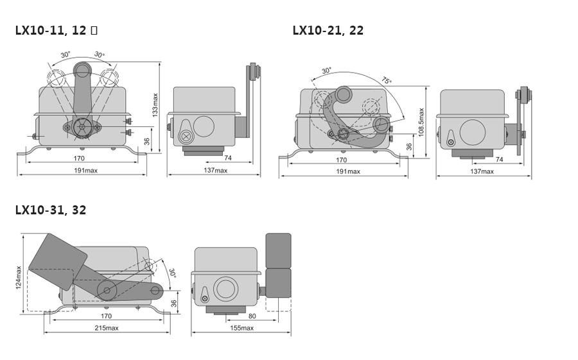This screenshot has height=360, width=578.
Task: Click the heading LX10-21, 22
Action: tap(328, 30)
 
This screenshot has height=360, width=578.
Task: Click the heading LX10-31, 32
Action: tap(51, 210)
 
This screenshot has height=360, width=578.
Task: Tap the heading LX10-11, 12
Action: tap(51, 30)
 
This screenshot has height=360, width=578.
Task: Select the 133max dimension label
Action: tap(155, 105)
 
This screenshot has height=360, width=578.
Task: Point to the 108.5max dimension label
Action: tap(421, 123)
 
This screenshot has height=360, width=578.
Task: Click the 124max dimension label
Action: tap(19, 277)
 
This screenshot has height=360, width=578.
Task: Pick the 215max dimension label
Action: tap(107, 328)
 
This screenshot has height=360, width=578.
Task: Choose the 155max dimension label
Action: tap(242, 328)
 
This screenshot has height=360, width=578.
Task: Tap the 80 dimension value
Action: tap(252, 316)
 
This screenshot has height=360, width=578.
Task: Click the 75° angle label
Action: tap(387, 80)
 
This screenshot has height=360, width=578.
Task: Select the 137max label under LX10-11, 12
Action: tap(216, 170)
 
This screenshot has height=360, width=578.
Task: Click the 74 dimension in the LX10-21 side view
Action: tap(499, 160)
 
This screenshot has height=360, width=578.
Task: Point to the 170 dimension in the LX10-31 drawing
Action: tap(106, 316)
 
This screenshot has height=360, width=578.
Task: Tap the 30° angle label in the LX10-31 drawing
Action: tap(173, 273)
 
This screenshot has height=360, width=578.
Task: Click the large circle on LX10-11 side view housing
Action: tap(204, 126)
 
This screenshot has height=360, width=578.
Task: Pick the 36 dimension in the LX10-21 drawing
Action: tap(409, 147)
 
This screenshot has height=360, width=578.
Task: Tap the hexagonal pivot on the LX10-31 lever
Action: tap(107, 290)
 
